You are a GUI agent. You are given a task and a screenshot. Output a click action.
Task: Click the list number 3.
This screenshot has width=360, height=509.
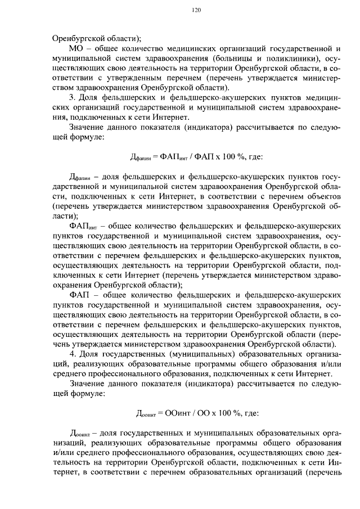tap(71, 98)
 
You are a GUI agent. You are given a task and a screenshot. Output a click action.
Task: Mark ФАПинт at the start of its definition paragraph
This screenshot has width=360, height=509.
tap(83, 226)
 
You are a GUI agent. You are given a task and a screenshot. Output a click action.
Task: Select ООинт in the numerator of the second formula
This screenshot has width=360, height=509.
tap(176, 413)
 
